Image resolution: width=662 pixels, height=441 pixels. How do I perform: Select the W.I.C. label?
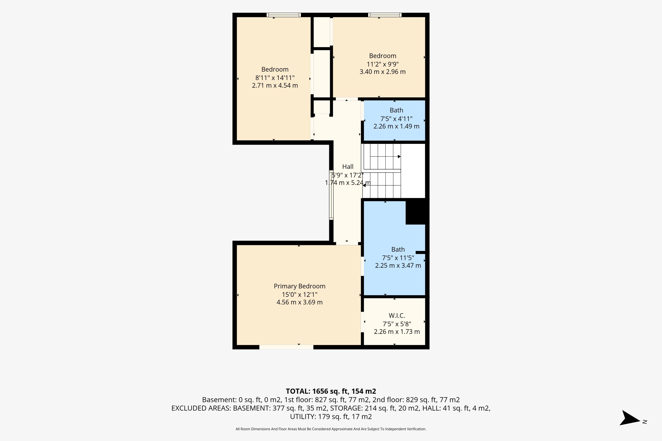[x=397, y=316]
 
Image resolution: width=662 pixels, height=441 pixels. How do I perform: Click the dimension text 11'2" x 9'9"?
[x=383, y=64]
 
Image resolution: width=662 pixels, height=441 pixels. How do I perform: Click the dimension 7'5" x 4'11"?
[x=396, y=119]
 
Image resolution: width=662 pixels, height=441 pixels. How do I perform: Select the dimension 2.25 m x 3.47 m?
[x=398, y=265]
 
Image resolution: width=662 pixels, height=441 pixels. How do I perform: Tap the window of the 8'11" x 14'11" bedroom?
[x=284, y=15]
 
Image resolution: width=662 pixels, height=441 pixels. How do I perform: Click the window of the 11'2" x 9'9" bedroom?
[x=385, y=15]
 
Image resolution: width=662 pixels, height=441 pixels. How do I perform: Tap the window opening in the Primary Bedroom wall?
[x=286, y=347]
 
